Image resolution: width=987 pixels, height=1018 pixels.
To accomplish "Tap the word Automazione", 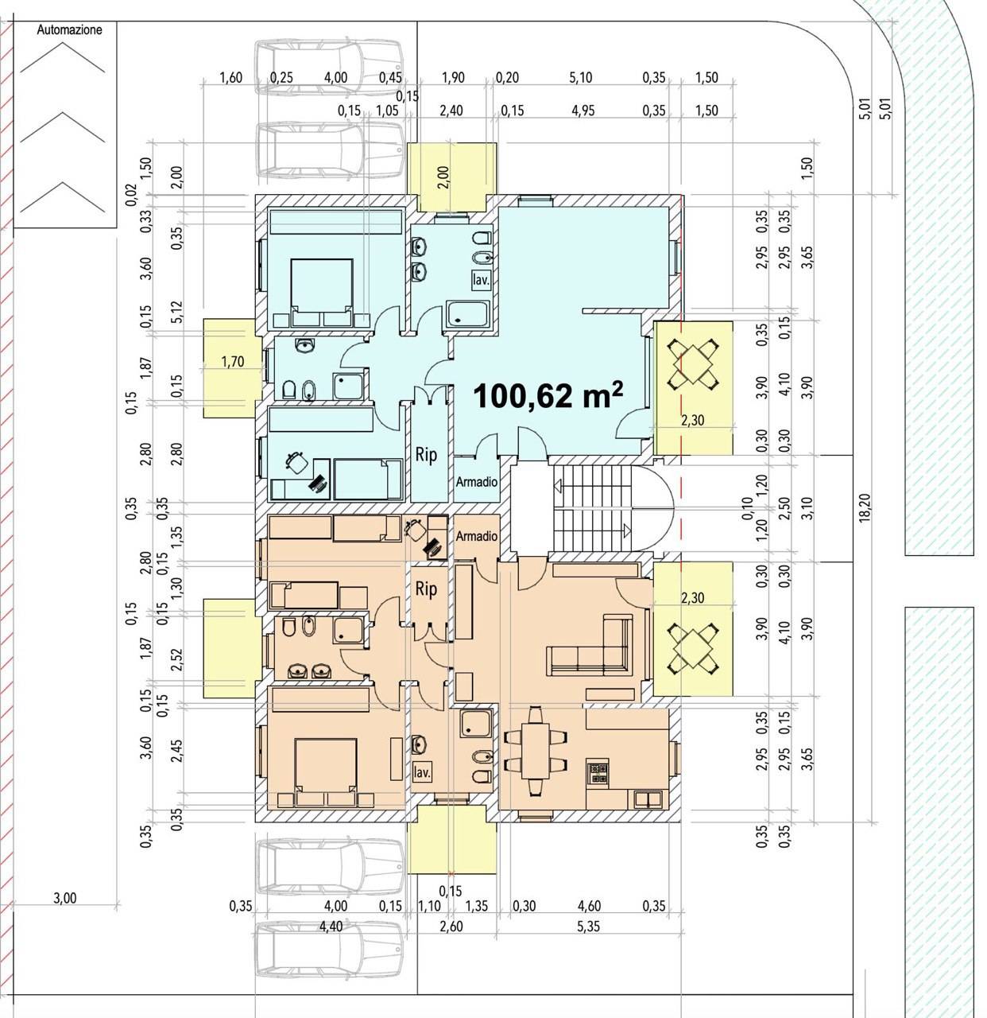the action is point(69,29).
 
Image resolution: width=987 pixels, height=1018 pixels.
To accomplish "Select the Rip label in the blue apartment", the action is point(426,455).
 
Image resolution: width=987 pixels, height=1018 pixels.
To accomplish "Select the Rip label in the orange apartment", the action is point(426,589).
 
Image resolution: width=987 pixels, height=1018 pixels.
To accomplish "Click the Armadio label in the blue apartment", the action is point(476,481).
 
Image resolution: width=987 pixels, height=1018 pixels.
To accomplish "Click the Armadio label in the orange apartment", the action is point(476,536).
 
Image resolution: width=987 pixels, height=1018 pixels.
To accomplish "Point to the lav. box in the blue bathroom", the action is point(481,280).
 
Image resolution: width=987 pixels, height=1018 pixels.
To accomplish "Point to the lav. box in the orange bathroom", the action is point(422,772).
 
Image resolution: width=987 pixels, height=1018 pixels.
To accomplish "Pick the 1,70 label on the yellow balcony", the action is point(233,362).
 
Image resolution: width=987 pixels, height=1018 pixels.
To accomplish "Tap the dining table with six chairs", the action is point(536,752).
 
